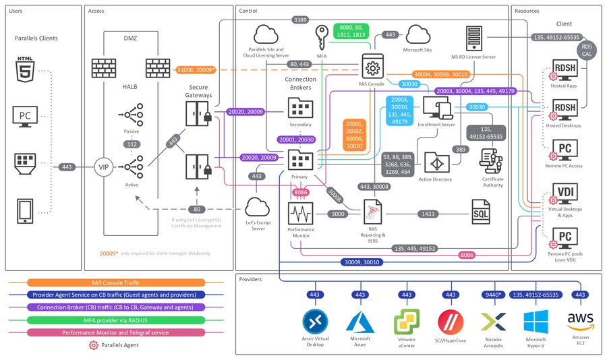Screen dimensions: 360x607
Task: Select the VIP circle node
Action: tap(104, 167)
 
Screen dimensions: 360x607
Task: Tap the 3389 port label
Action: tap(301, 20)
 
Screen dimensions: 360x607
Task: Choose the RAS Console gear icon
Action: tap(371, 67)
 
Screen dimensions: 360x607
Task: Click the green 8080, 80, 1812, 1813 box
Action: tap(349, 34)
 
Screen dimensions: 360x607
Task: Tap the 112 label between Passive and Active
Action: tap(132, 144)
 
